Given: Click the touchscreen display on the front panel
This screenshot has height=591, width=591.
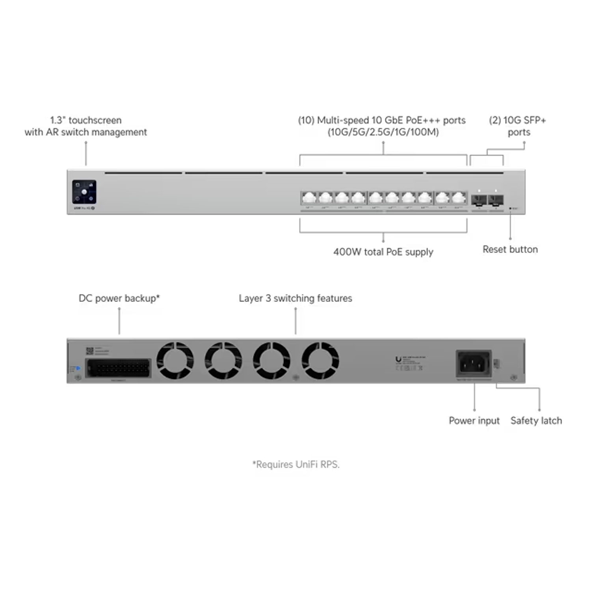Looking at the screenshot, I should coord(84,192).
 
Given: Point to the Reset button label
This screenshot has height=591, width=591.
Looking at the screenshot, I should coord(510,249).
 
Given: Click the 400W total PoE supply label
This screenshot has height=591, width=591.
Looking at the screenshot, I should coord(383,251).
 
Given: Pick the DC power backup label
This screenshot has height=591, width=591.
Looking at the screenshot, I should coord(119,299).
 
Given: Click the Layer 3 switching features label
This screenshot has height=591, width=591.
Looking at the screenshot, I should coord(295,299).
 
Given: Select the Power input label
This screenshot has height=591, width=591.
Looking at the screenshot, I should coord(474,421).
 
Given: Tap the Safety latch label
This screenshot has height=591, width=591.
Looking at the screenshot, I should coord(536,421).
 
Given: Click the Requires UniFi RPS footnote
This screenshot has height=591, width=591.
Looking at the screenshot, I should coord(295,465).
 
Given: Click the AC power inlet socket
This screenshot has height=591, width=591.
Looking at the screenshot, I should coord(472,363).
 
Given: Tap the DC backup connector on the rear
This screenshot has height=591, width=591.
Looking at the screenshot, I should coord(118,369).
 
